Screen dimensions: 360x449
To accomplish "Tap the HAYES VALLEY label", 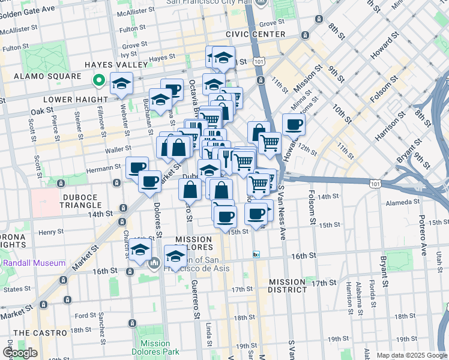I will click(x=116, y=64).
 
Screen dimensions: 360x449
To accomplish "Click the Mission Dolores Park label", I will click(x=155, y=347).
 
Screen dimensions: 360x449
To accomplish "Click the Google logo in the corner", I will click(x=20, y=353).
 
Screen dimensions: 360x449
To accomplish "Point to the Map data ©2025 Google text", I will click(x=412, y=355).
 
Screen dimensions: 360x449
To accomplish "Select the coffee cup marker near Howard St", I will click(x=294, y=125).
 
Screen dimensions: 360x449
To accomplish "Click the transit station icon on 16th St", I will click(x=256, y=254).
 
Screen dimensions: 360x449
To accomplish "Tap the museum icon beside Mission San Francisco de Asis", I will click(x=154, y=262).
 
